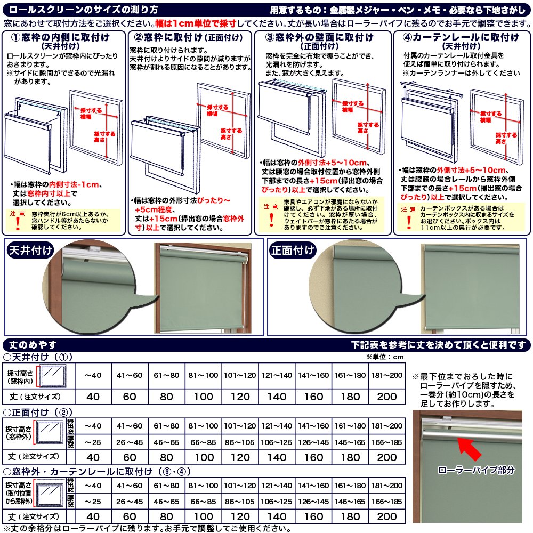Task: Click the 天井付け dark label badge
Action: coord(30,251)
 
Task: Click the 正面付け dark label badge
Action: coord(293,251)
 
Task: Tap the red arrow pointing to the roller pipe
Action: coord(469,448)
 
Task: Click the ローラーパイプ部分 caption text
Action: coord(476,470)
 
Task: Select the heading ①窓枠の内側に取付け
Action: coord(61,37)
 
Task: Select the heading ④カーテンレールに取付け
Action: coord(461,37)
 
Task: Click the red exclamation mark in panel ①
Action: coord(18,223)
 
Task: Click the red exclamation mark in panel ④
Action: coord(409,222)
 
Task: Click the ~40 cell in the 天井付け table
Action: coord(93,375)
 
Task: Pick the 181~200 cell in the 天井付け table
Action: coord(387,375)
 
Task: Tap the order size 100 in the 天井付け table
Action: coord(203,397)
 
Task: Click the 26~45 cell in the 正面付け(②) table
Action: coord(130,442)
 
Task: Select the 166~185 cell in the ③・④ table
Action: coord(387,502)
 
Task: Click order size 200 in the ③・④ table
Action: coord(387,516)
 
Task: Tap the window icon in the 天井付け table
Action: coord(53,376)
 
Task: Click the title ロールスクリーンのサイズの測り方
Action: coord(84,10)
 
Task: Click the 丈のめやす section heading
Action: coord(33,345)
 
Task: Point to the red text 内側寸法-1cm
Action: coord(74,184)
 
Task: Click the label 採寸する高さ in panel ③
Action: coord(368,128)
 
